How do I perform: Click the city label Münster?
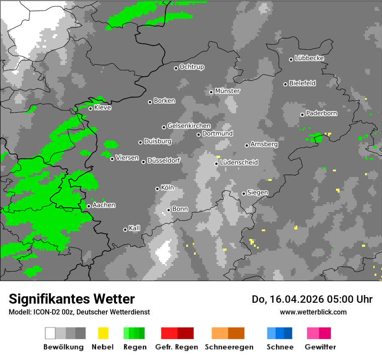tap(227, 91)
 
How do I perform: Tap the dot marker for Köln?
tap(157, 189)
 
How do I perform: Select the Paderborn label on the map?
tap(322, 113)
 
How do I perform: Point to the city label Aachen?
tap(104, 205)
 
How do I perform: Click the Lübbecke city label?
tap(310, 58)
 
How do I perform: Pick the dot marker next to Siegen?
tap(244, 193)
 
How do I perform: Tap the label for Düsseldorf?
tap(164, 160)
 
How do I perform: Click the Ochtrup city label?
tap(192, 67)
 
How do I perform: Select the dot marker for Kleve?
tap(90, 108)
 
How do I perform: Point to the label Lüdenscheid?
tap(239, 162)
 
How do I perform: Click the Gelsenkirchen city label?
tap(189, 126)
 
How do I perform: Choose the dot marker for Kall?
tap(125, 229)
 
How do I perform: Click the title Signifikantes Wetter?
tap(72, 299)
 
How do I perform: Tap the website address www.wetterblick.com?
tap(313, 312)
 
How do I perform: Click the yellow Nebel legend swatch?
tap(103, 333)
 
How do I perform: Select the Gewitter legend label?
tap(320, 347)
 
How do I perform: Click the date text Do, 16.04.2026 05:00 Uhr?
tap(312, 299)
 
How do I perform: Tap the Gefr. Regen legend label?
tap(177, 347)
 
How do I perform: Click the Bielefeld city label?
tap(303, 83)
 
